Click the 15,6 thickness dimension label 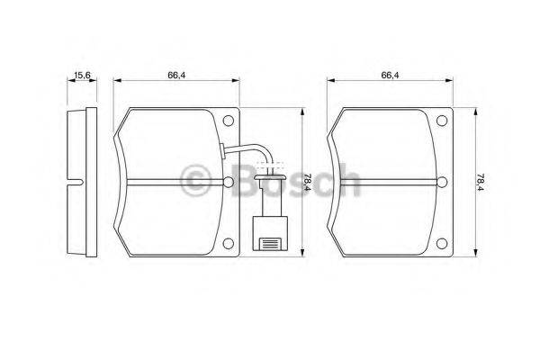click(82, 75)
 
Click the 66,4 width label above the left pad click(176, 75)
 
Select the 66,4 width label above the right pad click(390, 75)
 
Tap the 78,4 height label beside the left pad click(307, 182)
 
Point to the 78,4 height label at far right click(480, 182)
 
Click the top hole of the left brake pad click(229, 121)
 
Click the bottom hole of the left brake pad click(229, 244)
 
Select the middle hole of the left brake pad click(229, 182)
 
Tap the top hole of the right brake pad click(442, 121)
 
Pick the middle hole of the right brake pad click(442, 182)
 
